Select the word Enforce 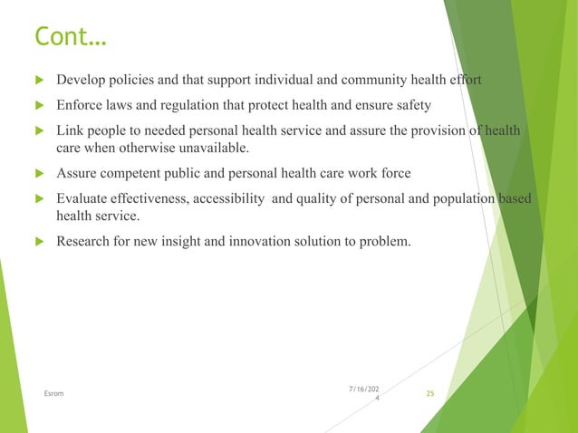[x=80, y=105]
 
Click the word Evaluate [x=82, y=199]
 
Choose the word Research [x=84, y=241]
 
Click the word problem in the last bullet [x=386, y=241]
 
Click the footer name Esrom [x=53, y=393]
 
